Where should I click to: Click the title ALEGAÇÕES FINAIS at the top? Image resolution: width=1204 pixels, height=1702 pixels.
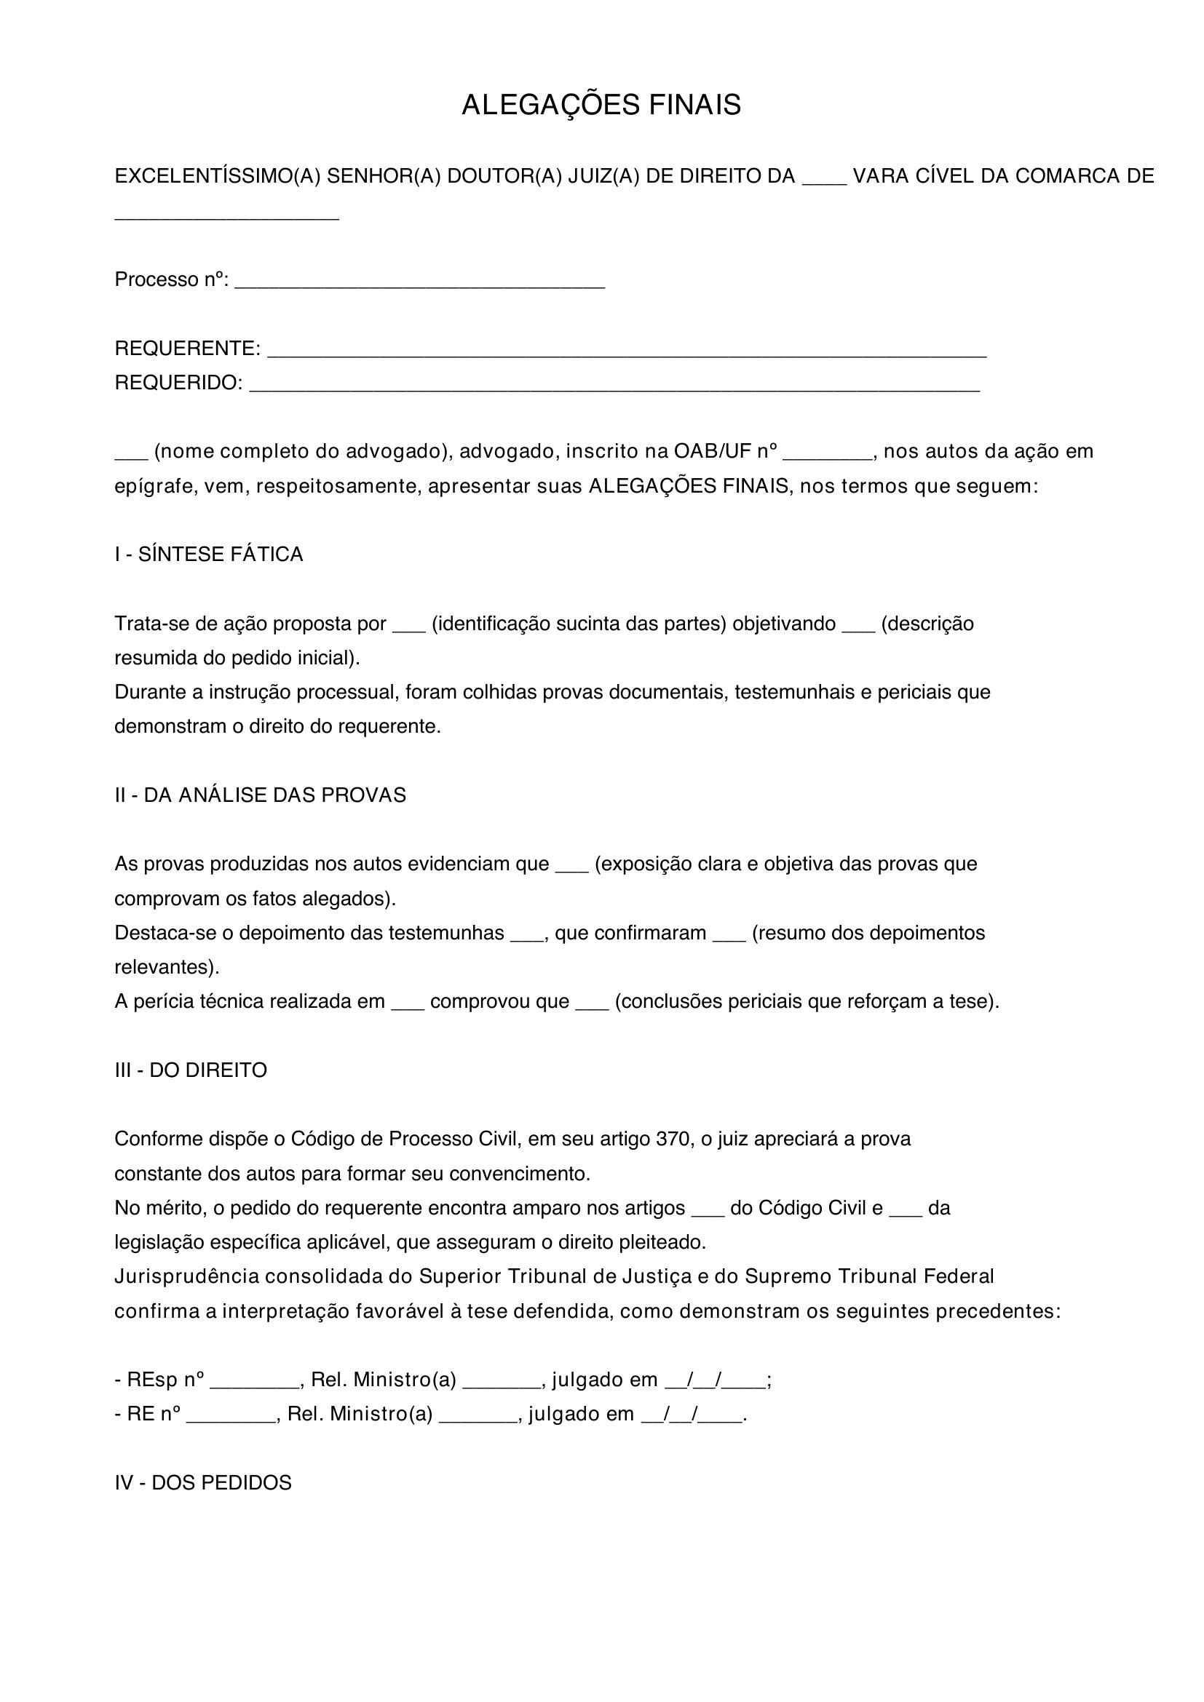(601, 106)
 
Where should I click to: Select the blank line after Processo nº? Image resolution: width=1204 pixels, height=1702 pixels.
(419, 285)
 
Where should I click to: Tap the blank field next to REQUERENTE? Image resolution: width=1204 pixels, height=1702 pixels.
(626, 354)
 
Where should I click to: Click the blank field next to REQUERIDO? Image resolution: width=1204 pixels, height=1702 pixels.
(614, 388)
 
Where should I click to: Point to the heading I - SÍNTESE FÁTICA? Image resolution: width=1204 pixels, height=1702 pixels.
(208, 554)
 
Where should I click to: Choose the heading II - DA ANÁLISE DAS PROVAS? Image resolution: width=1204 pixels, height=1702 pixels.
(260, 795)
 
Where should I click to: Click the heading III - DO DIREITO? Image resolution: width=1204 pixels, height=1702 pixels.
(191, 1070)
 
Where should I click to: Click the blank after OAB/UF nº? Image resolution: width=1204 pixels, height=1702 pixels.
(828, 457)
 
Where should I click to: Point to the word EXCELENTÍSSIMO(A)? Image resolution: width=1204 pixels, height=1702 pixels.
(217, 176)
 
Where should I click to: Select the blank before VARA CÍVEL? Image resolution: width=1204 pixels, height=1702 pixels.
(825, 182)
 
